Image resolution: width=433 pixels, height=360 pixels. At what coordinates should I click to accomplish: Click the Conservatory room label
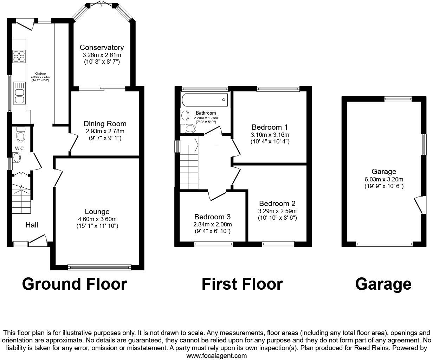[102, 47]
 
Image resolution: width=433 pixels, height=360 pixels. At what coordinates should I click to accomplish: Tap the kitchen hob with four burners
[19, 56]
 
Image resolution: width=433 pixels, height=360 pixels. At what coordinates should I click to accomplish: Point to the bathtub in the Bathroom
[204, 100]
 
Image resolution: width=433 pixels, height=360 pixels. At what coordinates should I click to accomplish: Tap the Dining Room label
[105, 124]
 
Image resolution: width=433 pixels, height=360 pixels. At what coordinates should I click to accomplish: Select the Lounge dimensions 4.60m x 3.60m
[97, 219]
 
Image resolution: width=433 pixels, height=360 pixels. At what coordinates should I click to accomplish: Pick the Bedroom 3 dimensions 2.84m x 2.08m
[212, 224]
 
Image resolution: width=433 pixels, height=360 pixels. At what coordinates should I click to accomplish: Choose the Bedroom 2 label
[277, 204]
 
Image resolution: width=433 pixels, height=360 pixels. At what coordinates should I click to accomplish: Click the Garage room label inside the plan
[384, 172]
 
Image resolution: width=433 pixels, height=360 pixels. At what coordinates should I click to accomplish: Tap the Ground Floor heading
[75, 284]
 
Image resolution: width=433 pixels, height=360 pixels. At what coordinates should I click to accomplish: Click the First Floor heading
[242, 284]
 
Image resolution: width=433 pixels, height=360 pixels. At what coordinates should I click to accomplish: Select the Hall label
[32, 225]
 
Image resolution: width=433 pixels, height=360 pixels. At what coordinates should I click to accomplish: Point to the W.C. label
[20, 149]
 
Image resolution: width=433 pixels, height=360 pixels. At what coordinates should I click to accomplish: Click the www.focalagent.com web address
[216, 355]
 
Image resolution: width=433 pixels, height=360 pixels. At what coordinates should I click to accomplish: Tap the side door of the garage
[419, 205]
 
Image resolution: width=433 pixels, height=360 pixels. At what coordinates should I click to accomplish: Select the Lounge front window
[99, 268]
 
